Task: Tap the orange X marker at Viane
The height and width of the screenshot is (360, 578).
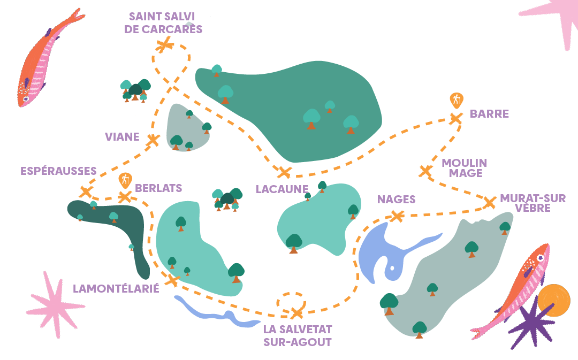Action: pos(153,140)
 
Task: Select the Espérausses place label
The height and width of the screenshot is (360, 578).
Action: pos(58,171)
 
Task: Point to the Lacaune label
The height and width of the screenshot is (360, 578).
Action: pos(282,189)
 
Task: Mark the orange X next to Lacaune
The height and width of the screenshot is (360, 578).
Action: pos(284,172)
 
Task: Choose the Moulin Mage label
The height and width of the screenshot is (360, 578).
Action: pos(463,167)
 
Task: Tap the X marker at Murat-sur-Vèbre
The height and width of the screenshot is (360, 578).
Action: pos(489,203)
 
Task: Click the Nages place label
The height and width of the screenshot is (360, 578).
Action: pos(396,200)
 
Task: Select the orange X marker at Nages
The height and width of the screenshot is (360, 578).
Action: pos(397,216)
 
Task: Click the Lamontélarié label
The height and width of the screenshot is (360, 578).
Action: pos(116,289)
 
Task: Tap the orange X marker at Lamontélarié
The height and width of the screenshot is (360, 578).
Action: pos(172,280)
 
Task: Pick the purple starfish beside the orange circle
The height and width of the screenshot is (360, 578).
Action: pos(530,324)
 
